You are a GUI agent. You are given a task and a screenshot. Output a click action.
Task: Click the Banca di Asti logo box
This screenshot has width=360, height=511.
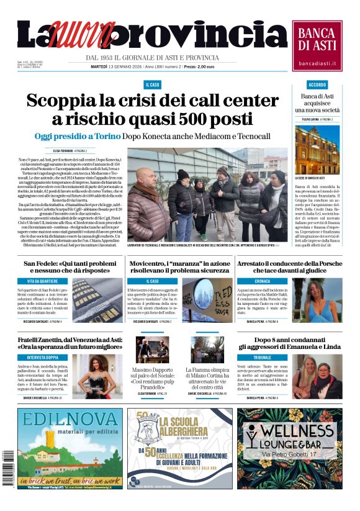(x=317, y=45)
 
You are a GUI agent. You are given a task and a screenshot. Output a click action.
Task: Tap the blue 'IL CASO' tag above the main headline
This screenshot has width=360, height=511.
(x=152, y=84)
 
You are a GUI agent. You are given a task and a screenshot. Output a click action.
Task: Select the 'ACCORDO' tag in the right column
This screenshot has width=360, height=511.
(x=317, y=84)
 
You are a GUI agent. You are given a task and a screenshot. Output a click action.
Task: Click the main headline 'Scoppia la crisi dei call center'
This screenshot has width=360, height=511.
(x=153, y=101)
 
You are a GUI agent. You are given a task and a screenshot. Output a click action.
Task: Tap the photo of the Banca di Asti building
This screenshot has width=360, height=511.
(x=317, y=149)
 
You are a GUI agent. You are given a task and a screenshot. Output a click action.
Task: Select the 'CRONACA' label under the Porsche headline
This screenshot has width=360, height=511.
(x=262, y=281)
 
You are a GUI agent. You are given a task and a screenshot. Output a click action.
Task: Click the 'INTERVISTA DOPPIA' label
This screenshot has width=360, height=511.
(x=44, y=357)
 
